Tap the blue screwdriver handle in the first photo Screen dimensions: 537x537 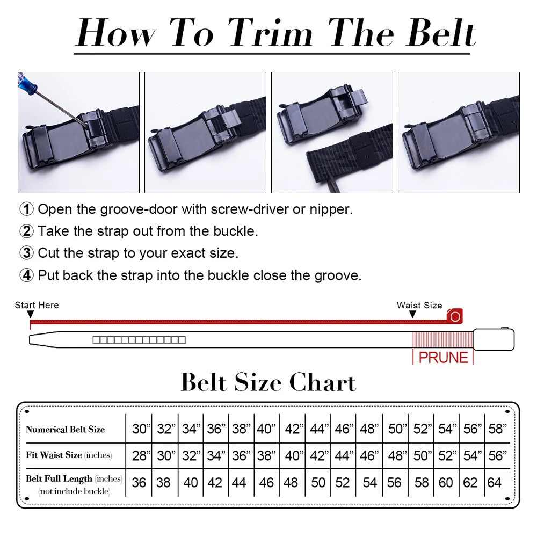[27, 82]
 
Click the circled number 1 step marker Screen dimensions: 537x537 [26, 209]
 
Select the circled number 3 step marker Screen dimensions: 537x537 [26, 253]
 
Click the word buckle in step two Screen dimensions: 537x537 [235, 231]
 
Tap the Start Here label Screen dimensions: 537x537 [37, 305]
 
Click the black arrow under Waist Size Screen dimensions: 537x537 [412, 314]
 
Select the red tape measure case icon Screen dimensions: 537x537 [455, 316]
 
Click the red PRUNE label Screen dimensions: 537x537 [443, 358]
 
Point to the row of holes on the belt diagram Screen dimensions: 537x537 [139, 340]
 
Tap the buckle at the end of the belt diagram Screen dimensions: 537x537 [494, 339]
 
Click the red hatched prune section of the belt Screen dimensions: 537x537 [443, 339]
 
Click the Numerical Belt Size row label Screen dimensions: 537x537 [65, 430]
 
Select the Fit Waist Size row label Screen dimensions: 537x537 [69, 455]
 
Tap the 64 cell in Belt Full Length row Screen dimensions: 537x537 [494, 483]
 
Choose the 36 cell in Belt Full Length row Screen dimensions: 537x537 [139, 483]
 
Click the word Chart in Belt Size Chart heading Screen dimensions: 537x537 [323, 382]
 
